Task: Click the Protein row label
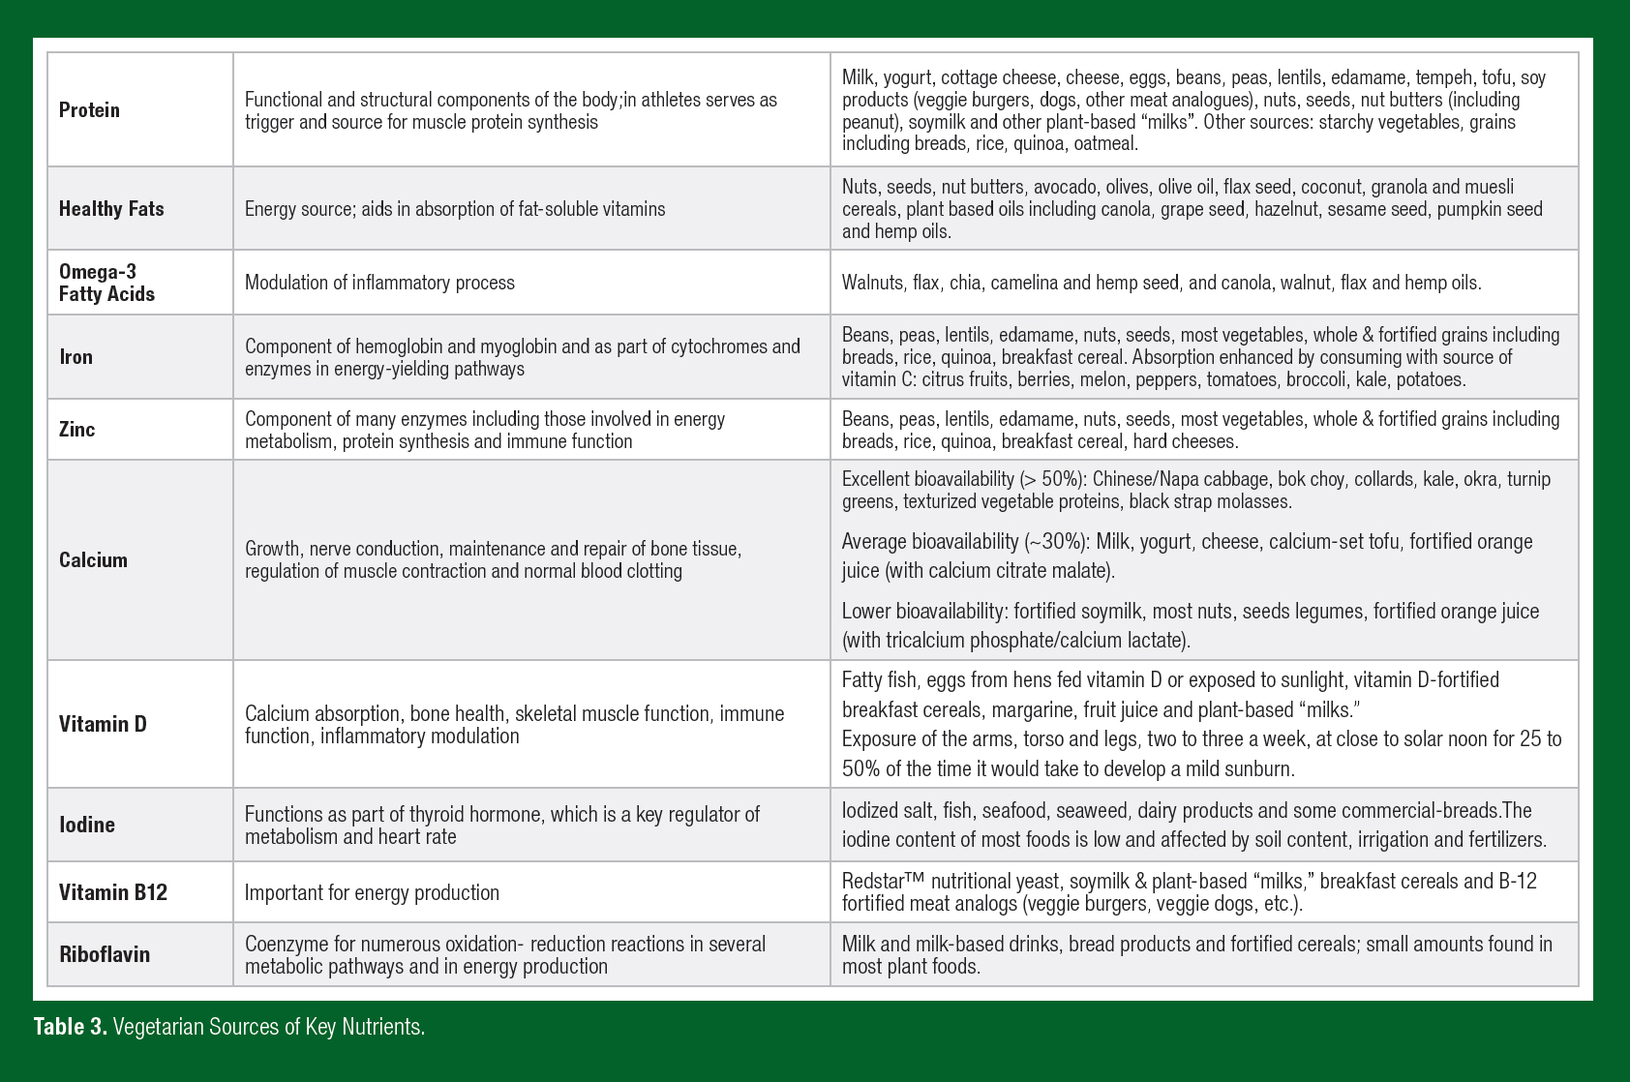pos(89,110)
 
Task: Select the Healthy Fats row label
pos(111,209)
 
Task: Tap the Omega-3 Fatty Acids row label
pos(106,283)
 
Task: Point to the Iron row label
pos(75,357)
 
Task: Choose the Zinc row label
pos(76,430)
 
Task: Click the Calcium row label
pos(93,560)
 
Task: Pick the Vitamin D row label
pos(103,724)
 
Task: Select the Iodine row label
pos(86,825)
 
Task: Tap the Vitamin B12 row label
pos(112,892)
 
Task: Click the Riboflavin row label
pos(105,954)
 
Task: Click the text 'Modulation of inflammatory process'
pos(379,283)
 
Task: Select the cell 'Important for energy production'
pos(372,892)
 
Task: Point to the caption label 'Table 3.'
pos(71,1027)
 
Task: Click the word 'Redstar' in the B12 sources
pos(873,882)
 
